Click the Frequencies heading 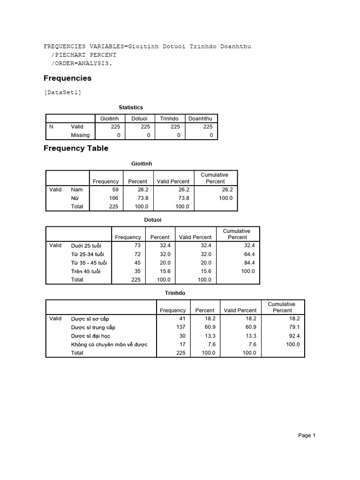point(67,78)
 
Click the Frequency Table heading point(76,149)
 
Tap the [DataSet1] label point(62,92)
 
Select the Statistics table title point(131,108)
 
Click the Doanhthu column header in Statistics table point(200,119)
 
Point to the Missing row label point(80,135)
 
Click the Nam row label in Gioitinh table point(76,190)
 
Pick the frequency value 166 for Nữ point(113,198)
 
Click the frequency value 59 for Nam point(115,190)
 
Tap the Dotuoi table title point(152,219)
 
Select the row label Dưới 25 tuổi point(86,246)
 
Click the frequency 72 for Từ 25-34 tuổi point(137,254)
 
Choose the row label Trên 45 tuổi point(85,271)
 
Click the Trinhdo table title point(175,293)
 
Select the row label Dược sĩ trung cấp point(93,327)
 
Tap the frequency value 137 point(180,327)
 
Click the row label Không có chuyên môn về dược point(109,345)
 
